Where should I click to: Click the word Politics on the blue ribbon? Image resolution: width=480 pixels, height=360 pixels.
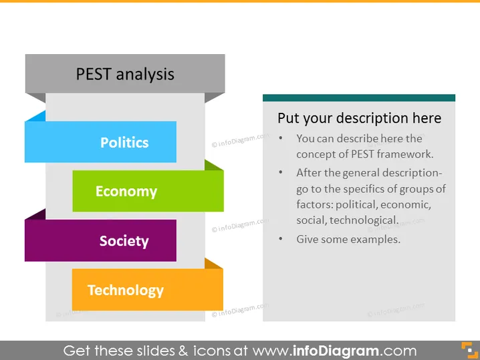pos(124,142)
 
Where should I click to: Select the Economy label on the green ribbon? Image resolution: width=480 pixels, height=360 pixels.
pos(126,192)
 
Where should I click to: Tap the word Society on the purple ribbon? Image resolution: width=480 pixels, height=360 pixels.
pos(124,241)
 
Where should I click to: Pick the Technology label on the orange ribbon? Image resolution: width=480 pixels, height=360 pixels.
pos(126,291)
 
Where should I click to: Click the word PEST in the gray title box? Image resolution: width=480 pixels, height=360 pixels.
pos(94,74)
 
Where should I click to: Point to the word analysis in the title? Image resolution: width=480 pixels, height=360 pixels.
pos(145,75)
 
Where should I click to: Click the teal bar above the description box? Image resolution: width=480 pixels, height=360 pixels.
pos(359,98)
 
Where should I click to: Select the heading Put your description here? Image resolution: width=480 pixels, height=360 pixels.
pos(360,118)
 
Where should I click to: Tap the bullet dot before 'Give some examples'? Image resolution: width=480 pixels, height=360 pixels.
pos(280,238)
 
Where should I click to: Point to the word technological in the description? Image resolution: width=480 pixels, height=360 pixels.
pos(364,220)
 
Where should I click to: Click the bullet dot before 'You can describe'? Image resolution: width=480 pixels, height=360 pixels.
pos(280,138)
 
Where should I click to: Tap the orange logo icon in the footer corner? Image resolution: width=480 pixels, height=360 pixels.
pos(469,351)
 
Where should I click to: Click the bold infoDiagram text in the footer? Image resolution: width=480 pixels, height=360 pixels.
pos(336,351)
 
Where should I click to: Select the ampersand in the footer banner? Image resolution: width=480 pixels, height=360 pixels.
pos(183,351)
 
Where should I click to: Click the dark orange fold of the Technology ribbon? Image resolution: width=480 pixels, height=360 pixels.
pos(213,264)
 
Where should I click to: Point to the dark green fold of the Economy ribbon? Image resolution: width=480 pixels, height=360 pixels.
pos(213,165)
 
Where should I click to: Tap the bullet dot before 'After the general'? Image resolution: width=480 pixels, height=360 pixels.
pos(280,172)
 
